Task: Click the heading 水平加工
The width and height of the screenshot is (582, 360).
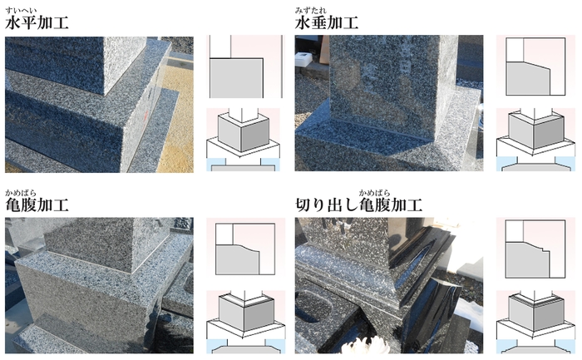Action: (x=37, y=23)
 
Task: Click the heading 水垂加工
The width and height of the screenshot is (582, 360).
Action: (x=327, y=23)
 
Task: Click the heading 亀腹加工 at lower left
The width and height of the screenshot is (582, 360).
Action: (x=37, y=205)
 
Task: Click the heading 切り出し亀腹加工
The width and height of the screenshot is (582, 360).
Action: (x=359, y=205)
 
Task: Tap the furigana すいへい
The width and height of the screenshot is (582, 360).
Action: (x=21, y=10)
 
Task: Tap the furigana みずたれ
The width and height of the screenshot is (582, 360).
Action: (x=311, y=10)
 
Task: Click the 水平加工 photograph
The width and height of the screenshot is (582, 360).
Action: (x=99, y=104)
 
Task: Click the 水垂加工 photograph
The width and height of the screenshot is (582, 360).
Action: (x=389, y=103)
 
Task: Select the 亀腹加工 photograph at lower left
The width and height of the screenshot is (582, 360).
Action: (x=99, y=285)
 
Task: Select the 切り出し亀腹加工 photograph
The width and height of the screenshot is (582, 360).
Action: (x=389, y=285)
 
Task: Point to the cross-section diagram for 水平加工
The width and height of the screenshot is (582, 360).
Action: (x=244, y=67)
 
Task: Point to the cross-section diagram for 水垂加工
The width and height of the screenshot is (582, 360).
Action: (x=535, y=67)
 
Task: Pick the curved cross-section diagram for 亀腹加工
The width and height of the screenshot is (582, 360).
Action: (x=245, y=249)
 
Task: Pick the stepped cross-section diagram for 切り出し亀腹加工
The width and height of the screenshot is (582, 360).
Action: (x=535, y=249)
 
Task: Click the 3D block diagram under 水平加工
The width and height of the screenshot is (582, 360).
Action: (x=243, y=140)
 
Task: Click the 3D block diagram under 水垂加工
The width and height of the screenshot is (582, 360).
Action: (x=535, y=140)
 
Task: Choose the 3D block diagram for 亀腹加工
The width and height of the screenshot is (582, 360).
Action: (x=246, y=322)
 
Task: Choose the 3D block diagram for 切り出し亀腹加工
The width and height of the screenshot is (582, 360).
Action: (x=535, y=322)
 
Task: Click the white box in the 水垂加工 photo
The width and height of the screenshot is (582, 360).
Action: (x=305, y=59)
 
